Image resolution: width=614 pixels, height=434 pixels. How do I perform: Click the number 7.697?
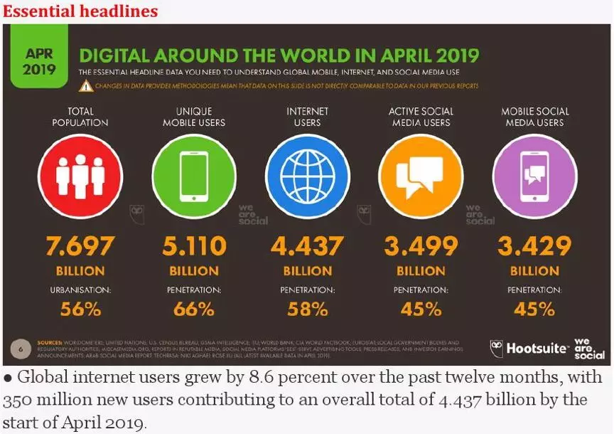pyautogui.click(x=80, y=246)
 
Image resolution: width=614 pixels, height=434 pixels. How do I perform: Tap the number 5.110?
pyautogui.click(x=194, y=246)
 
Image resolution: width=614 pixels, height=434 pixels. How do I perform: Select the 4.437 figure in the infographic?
pyautogui.click(x=308, y=246)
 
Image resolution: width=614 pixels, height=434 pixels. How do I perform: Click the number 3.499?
pyautogui.click(x=421, y=246)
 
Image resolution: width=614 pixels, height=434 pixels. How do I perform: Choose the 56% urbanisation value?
pyautogui.click(x=80, y=309)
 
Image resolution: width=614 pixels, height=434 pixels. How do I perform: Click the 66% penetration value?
pyautogui.click(x=194, y=309)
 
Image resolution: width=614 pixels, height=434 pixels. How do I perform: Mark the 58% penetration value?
pyautogui.click(x=308, y=309)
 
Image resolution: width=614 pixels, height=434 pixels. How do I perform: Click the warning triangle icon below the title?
pyautogui.click(x=86, y=86)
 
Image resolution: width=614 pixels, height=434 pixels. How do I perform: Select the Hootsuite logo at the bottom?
pyautogui.click(x=530, y=349)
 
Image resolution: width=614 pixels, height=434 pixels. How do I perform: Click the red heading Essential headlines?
pyautogui.click(x=80, y=11)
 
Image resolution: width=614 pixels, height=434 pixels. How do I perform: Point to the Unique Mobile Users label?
pyautogui.click(x=194, y=117)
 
